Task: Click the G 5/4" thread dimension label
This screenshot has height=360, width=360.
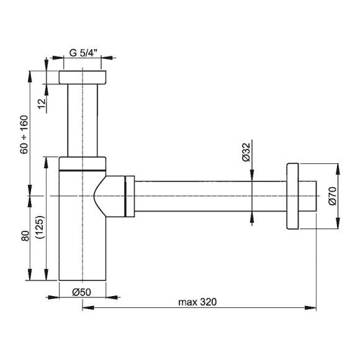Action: [83, 53]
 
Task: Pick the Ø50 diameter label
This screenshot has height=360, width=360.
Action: [83, 292]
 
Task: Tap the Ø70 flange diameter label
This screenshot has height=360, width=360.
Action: [332, 196]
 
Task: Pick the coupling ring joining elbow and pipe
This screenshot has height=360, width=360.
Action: [129, 196]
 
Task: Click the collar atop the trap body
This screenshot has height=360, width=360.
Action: [83, 163]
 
